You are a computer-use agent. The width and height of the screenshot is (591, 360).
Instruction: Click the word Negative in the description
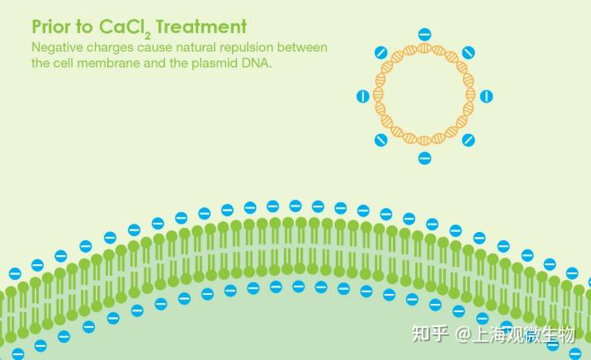(59, 47)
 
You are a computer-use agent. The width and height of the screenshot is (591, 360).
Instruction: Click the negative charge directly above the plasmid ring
(424, 35)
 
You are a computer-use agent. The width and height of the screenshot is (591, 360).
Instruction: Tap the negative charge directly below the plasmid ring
(424, 158)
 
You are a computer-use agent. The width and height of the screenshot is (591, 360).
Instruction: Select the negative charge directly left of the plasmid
(362, 97)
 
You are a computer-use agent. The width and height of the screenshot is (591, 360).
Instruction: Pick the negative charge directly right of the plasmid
(486, 97)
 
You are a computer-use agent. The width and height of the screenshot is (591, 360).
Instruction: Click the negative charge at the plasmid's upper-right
(468, 53)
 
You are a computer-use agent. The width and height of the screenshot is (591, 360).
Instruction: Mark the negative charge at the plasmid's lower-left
(381, 140)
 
